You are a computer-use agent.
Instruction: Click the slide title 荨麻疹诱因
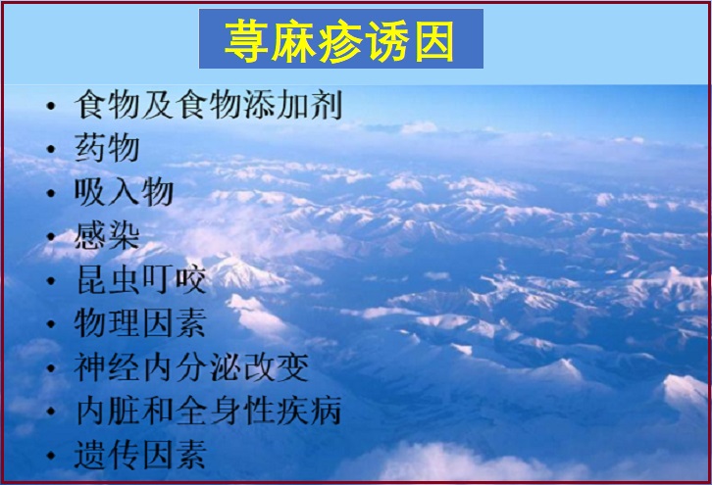click(339, 41)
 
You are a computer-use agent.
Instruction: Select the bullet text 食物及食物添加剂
click(209, 105)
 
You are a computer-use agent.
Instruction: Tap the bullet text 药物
click(107, 148)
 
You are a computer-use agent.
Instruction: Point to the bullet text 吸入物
click(124, 191)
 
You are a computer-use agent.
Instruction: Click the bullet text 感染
click(107, 235)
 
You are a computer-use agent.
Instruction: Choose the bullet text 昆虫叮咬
click(141, 279)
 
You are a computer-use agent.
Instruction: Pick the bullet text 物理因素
click(141, 322)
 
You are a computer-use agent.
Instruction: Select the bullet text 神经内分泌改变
click(191, 366)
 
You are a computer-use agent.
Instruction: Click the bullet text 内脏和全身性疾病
click(209, 411)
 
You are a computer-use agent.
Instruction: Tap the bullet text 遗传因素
click(141, 455)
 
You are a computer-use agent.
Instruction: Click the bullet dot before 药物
click(51, 149)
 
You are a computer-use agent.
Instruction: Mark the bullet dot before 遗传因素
click(51, 456)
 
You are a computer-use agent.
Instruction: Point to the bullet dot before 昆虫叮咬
click(51, 280)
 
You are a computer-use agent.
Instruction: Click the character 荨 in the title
click(246, 41)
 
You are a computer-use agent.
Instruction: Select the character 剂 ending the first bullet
click(327, 105)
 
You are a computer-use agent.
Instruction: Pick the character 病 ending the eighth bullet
click(327, 411)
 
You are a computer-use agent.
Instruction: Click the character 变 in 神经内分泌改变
click(293, 366)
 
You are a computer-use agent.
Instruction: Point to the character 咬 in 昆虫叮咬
click(191, 279)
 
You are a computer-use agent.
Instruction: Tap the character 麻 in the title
click(293, 41)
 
